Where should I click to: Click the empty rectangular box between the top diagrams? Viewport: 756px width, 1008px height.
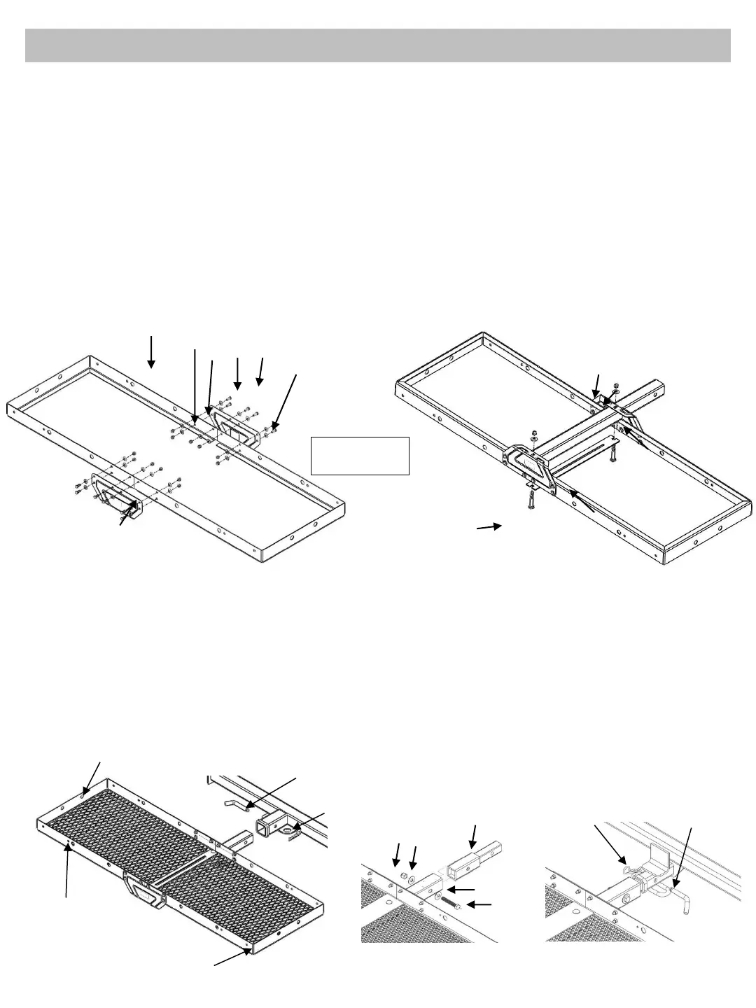[360, 456]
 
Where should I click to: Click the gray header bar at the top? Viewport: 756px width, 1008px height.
[378, 45]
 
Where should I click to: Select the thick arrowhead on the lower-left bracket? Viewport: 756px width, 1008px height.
[131, 503]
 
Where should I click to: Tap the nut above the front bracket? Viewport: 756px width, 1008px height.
[534, 430]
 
